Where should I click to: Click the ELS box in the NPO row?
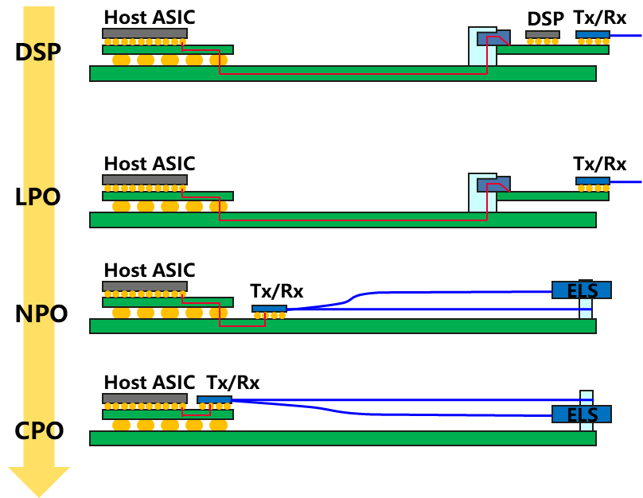(582, 290)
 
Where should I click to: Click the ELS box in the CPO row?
(582, 414)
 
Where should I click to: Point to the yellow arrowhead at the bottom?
(39, 480)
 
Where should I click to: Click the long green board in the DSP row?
(342, 74)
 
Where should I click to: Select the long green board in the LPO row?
(342, 220)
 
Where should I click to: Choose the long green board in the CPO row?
(342, 438)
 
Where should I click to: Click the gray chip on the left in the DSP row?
(144, 33)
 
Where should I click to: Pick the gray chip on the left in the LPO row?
(144, 180)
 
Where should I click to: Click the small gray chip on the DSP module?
(542, 34)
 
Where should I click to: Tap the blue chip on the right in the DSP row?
(593, 34)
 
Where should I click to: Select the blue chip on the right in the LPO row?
(593, 181)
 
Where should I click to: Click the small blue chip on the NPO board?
(269, 309)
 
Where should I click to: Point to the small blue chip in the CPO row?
(214, 399)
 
